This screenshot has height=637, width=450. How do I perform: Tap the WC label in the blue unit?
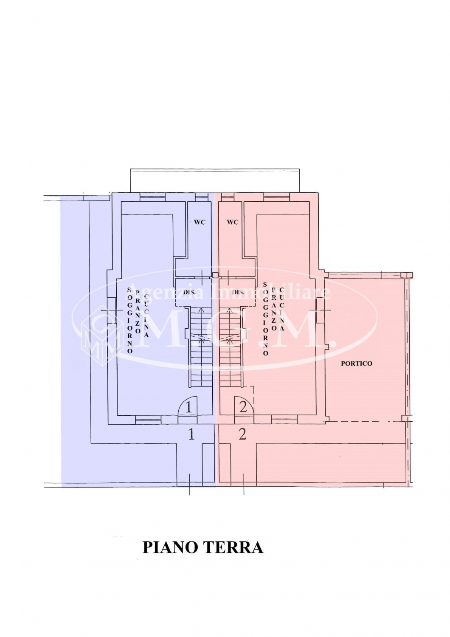200,223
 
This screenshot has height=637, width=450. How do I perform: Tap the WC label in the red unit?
233,223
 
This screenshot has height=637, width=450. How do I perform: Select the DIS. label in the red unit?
237,292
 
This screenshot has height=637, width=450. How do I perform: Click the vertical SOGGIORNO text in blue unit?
130,320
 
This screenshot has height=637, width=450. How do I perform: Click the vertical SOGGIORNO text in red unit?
266,319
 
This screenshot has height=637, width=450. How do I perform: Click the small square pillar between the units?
216,275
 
